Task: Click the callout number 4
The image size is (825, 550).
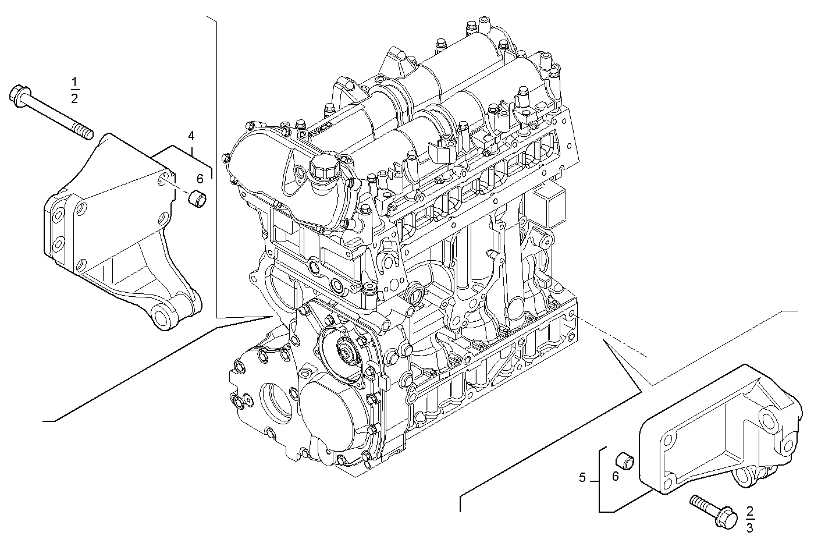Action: (x=191, y=136)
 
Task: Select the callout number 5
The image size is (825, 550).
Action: (x=582, y=478)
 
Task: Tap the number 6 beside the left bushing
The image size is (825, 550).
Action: (x=200, y=179)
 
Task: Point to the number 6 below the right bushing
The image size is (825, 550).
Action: (x=616, y=476)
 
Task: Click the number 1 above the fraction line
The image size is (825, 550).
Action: (x=75, y=82)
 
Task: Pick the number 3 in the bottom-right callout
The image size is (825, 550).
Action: (x=750, y=528)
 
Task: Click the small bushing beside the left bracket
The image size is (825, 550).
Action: (x=197, y=198)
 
